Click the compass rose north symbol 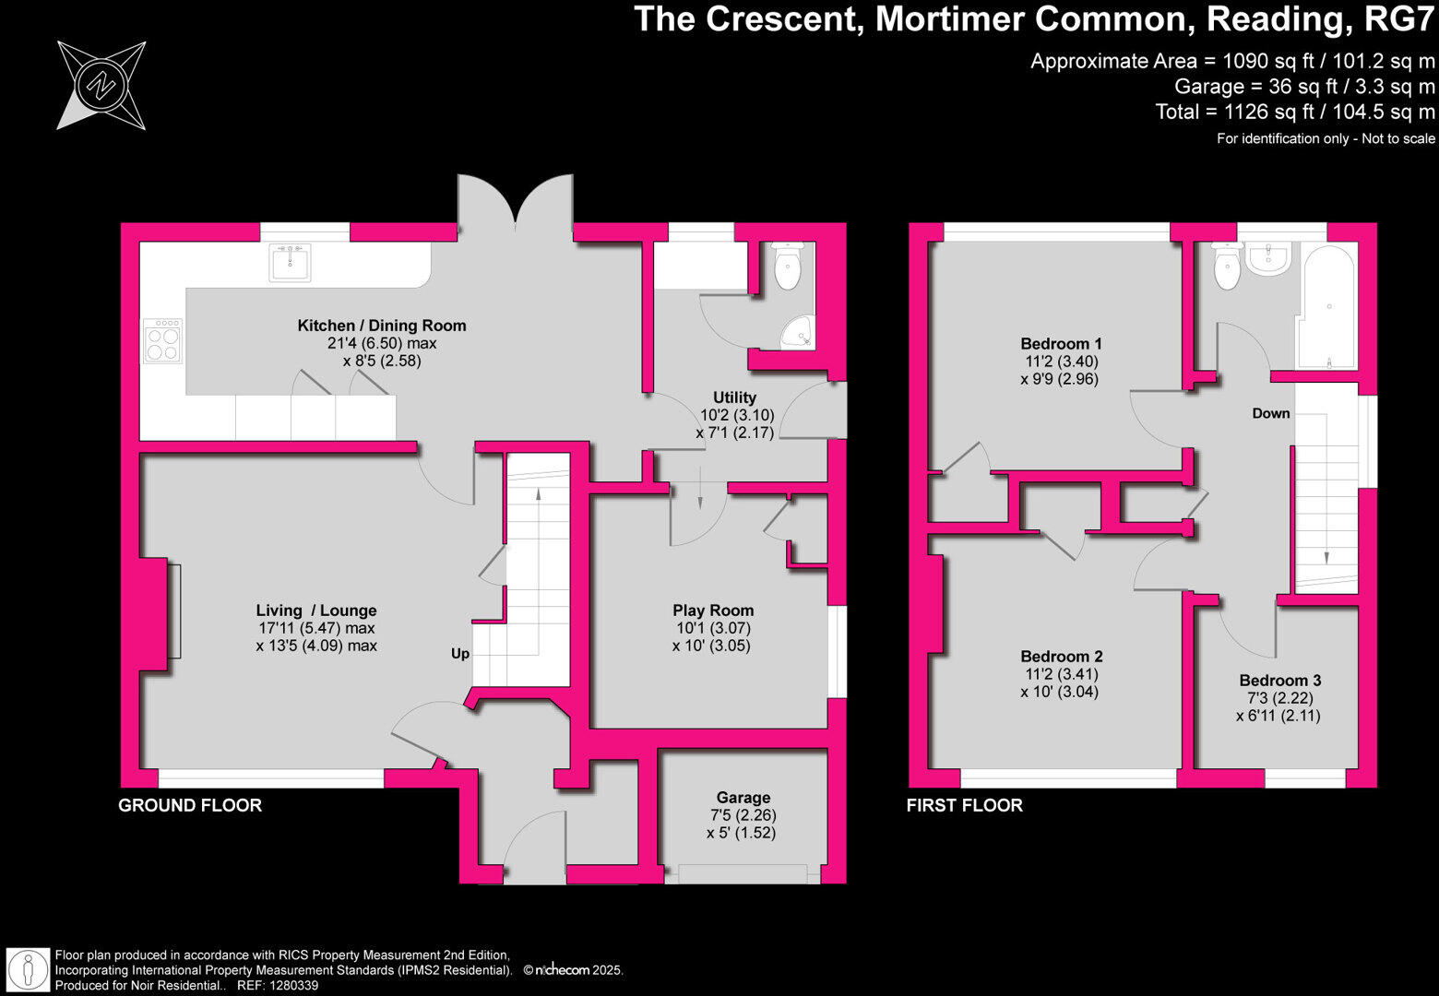(x=101, y=85)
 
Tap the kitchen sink (x=290, y=262)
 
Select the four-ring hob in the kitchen (x=162, y=340)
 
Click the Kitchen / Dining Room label (x=381, y=326)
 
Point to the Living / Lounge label (x=316, y=611)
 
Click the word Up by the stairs (x=460, y=654)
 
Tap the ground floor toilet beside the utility (x=788, y=267)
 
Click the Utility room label (x=734, y=397)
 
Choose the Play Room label (x=713, y=611)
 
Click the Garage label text (x=743, y=798)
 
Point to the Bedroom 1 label (x=1061, y=344)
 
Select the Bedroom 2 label (x=1061, y=657)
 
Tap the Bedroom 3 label (x=1279, y=681)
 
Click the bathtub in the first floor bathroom (x=1327, y=304)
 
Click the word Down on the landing (x=1270, y=413)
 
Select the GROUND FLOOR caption (x=190, y=805)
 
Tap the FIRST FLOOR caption (x=964, y=805)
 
